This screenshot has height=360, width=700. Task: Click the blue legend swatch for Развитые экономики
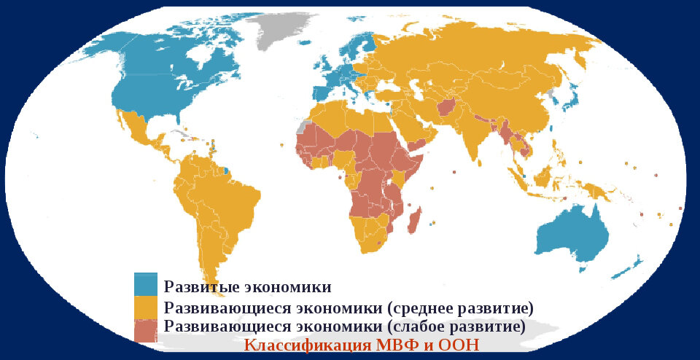point(145,283)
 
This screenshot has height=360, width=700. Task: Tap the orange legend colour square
point(145,306)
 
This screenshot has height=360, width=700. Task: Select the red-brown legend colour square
point(145,329)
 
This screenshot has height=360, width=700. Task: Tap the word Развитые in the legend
point(194,286)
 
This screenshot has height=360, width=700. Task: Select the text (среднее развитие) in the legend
point(457,306)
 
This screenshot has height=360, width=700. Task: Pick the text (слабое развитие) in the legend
point(455,326)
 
